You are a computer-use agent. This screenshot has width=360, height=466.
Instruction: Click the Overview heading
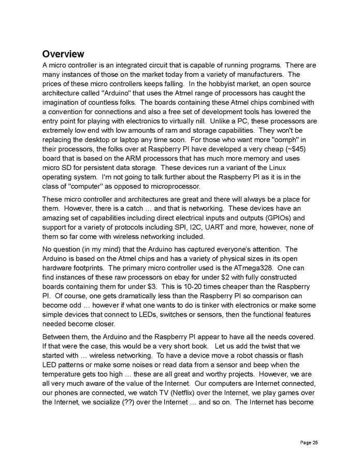click(63, 54)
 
